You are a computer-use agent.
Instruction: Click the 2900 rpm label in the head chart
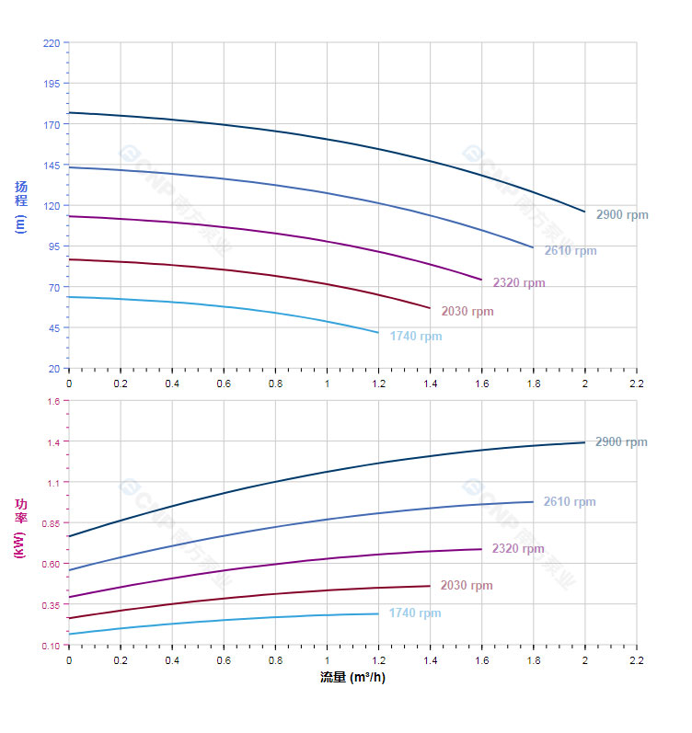622,215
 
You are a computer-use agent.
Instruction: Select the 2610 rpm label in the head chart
571,251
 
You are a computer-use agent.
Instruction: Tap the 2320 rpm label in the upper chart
519,283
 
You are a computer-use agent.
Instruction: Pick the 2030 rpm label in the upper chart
467,312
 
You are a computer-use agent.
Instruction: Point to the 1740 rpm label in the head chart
416,337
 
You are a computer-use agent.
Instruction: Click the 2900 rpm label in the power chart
621,442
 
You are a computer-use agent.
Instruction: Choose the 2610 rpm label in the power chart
570,502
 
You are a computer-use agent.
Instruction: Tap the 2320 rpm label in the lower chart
518,549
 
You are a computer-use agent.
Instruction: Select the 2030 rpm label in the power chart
467,586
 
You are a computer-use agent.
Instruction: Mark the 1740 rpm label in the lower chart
415,613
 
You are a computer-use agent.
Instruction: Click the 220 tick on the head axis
51,43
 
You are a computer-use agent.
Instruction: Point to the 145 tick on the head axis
51,166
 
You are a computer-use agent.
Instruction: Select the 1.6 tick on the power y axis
52,401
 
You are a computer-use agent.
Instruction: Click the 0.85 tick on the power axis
50,523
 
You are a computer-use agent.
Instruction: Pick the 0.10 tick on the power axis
50,646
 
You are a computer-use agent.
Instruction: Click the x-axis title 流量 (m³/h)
352,678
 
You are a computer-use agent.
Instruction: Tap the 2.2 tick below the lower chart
636,659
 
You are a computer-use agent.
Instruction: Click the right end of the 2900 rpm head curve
584,212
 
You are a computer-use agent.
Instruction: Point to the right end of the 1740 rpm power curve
378,613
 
